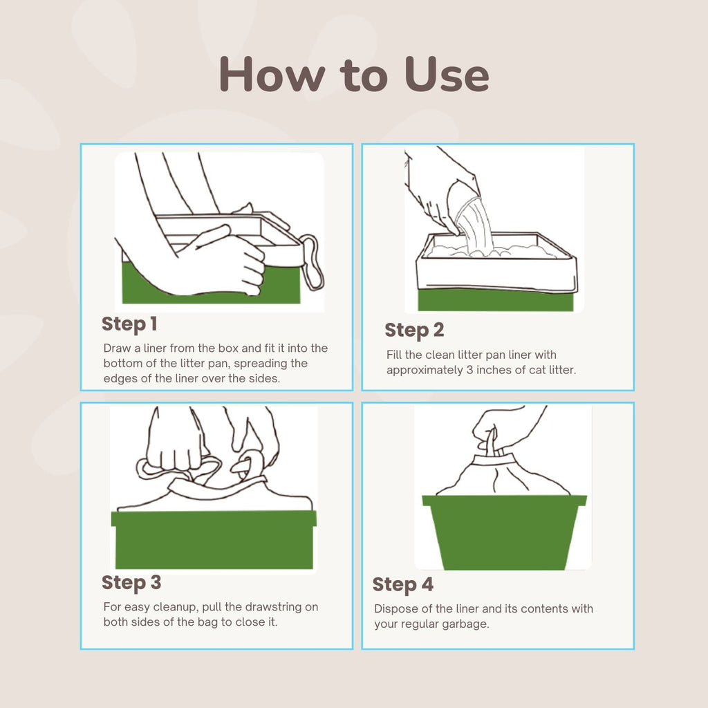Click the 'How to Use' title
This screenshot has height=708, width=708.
click(x=354, y=75)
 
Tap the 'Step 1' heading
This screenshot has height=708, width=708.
click(x=129, y=324)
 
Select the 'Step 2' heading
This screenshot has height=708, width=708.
click(x=414, y=330)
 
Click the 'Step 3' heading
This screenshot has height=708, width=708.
click(x=131, y=583)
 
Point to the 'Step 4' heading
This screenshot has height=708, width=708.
click(x=403, y=585)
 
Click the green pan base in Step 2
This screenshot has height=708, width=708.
click(x=495, y=300)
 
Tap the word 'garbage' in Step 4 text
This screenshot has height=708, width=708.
click(x=467, y=624)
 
